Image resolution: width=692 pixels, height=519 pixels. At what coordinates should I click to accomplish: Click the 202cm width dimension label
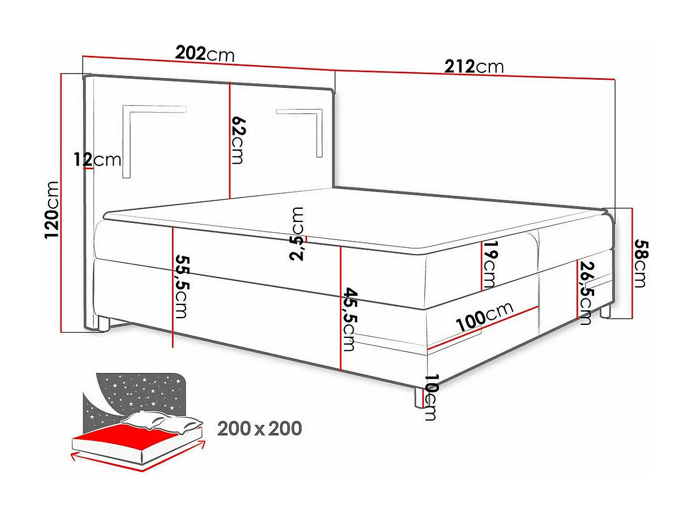click(204, 54)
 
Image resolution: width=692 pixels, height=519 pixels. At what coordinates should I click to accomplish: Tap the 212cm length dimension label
click(474, 67)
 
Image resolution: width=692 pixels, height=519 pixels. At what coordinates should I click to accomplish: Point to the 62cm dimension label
click(238, 140)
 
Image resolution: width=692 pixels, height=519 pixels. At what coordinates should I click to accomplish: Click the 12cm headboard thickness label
click(97, 160)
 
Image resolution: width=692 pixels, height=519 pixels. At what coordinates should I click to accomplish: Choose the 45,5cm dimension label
click(349, 319)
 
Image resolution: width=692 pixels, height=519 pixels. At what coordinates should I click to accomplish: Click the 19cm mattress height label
click(490, 264)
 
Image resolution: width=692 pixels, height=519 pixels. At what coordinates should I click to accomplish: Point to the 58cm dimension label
click(639, 264)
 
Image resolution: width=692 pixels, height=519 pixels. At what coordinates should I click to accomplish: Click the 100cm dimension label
click(484, 318)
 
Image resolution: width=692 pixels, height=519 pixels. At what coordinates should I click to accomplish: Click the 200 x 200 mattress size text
click(259, 428)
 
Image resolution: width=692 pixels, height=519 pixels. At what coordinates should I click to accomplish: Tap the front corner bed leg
click(419, 398)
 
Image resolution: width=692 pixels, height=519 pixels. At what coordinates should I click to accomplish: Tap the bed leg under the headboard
click(103, 323)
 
